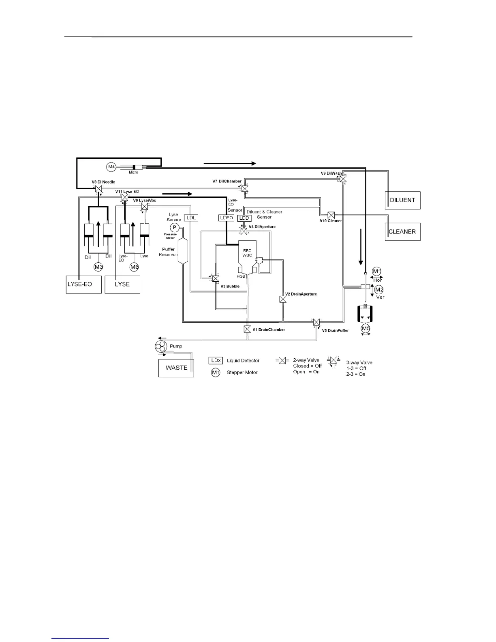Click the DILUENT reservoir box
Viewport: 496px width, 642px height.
coord(402,200)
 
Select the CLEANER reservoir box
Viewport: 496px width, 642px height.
coord(402,232)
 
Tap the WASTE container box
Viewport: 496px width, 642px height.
coord(176,368)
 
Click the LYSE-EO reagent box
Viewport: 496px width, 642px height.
coord(84,285)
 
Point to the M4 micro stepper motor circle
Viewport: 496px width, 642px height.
coord(111,166)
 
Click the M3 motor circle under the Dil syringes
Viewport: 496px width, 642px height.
coord(98,267)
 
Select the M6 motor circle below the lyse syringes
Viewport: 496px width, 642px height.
coord(134,267)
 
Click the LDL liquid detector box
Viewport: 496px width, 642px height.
coord(191,218)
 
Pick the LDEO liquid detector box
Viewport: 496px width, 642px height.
coord(227,218)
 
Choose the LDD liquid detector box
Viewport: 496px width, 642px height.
coord(244,218)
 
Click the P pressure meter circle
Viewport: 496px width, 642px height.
coord(174,227)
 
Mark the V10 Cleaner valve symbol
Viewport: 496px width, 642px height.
coord(331,214)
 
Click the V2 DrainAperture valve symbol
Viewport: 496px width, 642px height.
coord(283,300)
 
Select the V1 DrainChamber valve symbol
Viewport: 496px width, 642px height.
coord(247,329)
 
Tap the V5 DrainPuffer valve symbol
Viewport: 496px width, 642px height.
coord(316,323)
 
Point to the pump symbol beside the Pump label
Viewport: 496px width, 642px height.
coord(160,347)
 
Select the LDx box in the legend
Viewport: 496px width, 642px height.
coord(215,360)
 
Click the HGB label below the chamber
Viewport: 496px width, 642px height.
coord(241,276)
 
